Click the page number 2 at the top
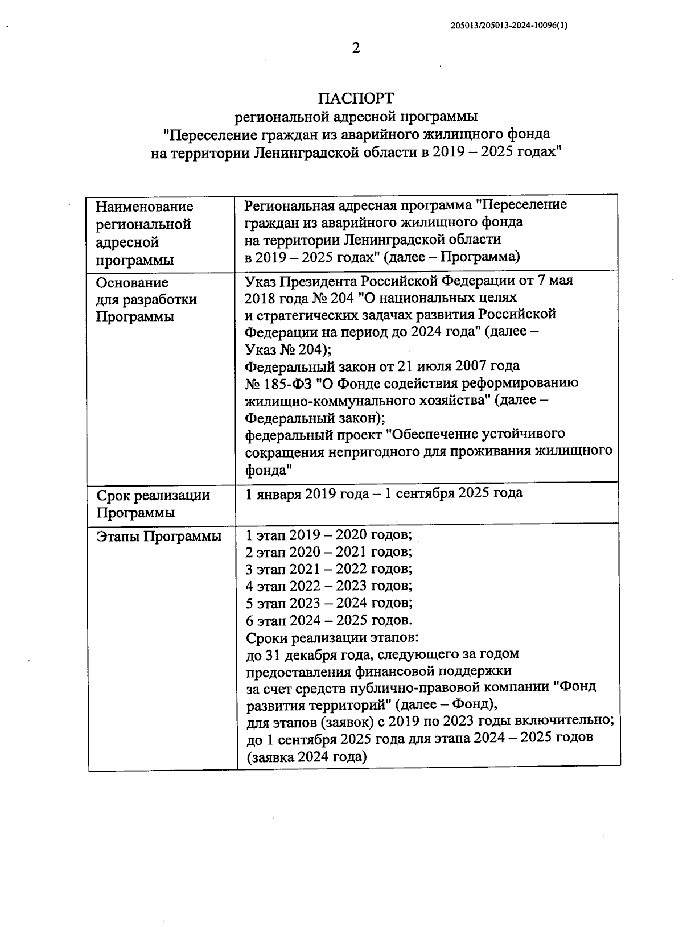356,48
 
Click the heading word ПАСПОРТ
356,97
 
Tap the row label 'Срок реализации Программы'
153,504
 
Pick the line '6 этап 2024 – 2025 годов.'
328,620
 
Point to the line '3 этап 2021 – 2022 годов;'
328,569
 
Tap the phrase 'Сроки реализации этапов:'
333,637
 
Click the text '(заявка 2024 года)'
306,757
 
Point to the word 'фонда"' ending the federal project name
269,470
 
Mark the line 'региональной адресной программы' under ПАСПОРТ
356,117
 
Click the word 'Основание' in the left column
132,283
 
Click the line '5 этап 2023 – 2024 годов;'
328,603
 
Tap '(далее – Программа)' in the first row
452,257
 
